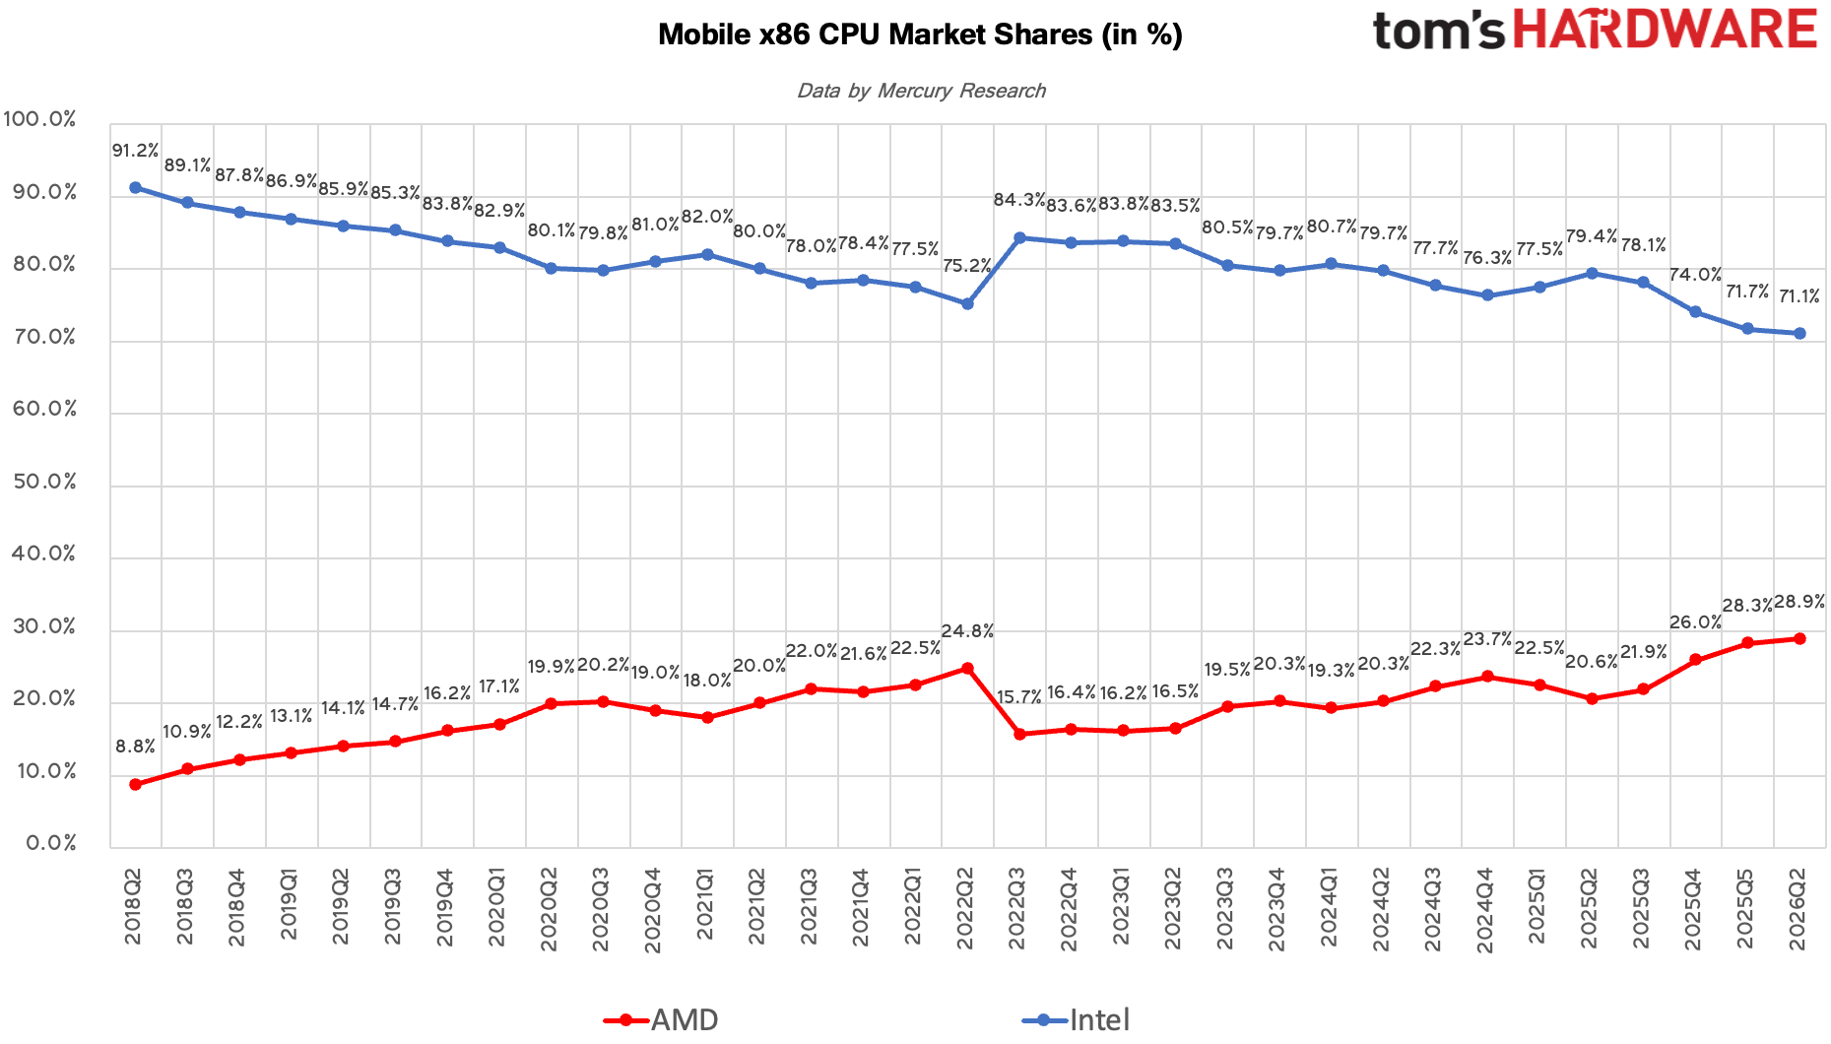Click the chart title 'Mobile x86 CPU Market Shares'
pyautogui.click(x=875, y=34)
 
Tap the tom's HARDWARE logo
pyautogui.click(x=1595, y=30)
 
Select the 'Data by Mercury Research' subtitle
pyautogui.click(x=921, y=91)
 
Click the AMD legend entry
pyautogui.click(x=661, y=1019)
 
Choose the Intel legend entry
pyautogui.click(x=1077, y=1019)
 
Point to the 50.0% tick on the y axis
pyautogui.click(x=44, y=482)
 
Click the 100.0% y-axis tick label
pyautogui.click(x=39, y=119)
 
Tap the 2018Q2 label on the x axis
pyautogui.click(x=134, y=906)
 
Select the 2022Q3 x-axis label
pyautogui.click(x=1018, y=906)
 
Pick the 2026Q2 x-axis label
pyautogui.click(x=1798, y=906)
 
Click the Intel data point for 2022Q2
pyautogui.click(x=967, y=304)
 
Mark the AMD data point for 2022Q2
pyautogui.click(x=967, y=669)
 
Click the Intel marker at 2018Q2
pyautogui.click(x=135, y=188)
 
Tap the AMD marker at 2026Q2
pyautogui.click(x=1799, y=639)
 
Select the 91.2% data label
pyautogui.click(x=135, y=151)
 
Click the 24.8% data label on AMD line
pyautogui.click(x=967, y=631)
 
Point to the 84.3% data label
pyautogui.click(x=1019, y=200)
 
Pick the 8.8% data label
pyautogui.click(x=135, y=747)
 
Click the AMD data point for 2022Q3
pyautogui.click(x=1019, y=735)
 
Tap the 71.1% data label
pyautogui.click(x=1798, y=296)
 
